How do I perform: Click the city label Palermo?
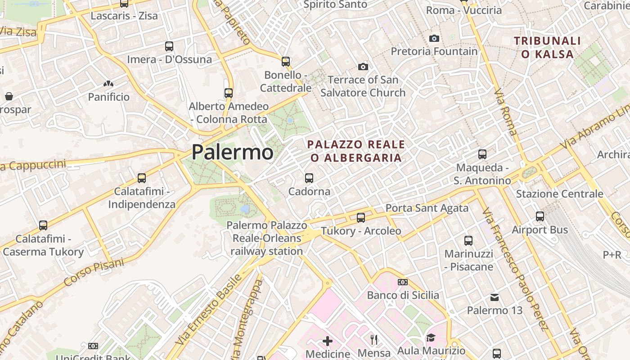click(x=232, y=152)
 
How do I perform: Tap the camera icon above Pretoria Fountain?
click(x=434, y=38)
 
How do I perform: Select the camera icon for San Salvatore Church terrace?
click(x=363, y=67)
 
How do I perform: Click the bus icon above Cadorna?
click(x=309, y=178)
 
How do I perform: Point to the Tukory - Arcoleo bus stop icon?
click(x=361, y=218)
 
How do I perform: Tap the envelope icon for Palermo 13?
click(x=495, y=297)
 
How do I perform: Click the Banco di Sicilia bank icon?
click(x=403, y=282)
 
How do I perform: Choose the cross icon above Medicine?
click(x=328, y=341)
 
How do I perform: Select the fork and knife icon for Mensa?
click(x=374, y=340)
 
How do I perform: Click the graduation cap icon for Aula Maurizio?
click(x=431, y=337)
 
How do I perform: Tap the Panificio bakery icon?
click(x=108, y=84)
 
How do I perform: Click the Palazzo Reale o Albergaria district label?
click(x=355, y=151)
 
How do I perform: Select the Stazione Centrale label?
click(x=559, y=194)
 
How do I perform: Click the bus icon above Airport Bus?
click(x=540, y=216)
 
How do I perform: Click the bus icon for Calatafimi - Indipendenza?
click(x=142, y=178)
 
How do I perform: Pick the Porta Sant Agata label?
click(x=427, y=208)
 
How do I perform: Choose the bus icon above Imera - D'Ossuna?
click(x=169, y=46)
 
